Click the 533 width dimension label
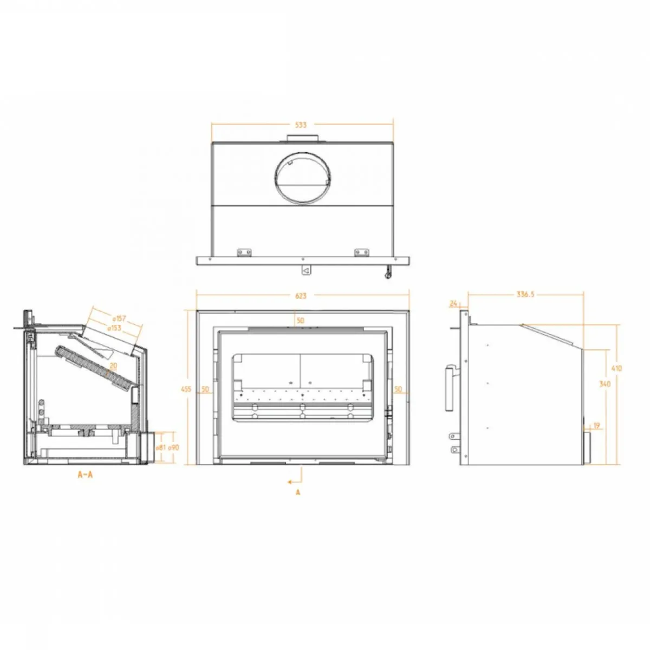[x=301, y=125]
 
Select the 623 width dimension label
[x=301, y=296]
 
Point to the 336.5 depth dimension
[x=525, y=295]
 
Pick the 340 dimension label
[x=605, y=384]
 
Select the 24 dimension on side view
[x=453, y=304]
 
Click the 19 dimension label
[x=596, y=426]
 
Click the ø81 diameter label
[x=161, y=448]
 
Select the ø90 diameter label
[x=173, y=448]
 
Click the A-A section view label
[x=85, y=475]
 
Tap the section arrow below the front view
[x=295, y=480]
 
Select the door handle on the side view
[x=449, y=388]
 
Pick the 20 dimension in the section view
[x=113, y=366]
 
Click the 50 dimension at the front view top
[x=301, y=321]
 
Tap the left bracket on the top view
[x=245, y=252]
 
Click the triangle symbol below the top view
[x=305, y=269]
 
